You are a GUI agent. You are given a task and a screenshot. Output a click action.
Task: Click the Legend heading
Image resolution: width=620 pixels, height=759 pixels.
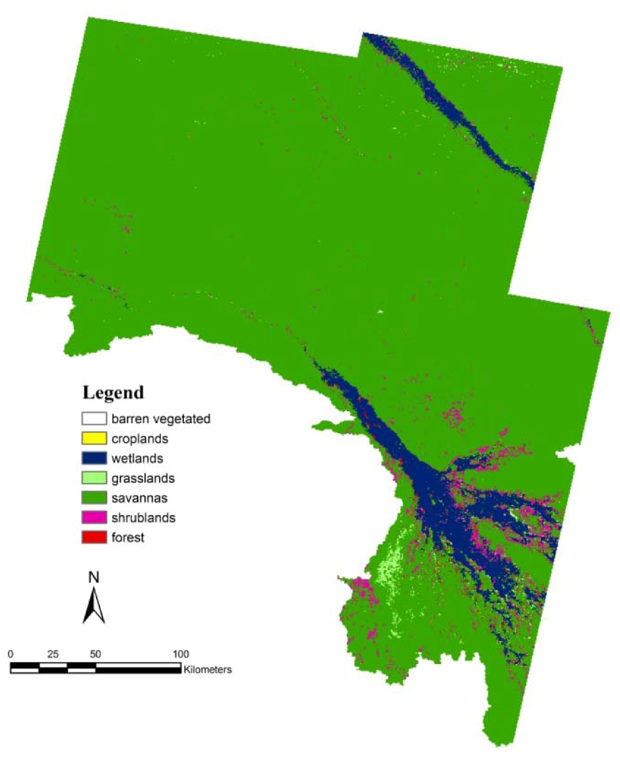[x=113, y=393]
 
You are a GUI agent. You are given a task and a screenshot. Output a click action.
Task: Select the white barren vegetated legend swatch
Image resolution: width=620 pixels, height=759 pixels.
[x=94, y=418]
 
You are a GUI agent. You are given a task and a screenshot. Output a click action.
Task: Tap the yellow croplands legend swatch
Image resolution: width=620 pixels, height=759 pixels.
[x=94, y=438]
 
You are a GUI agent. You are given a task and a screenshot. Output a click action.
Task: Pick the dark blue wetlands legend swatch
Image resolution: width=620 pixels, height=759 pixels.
[x=94, y=458]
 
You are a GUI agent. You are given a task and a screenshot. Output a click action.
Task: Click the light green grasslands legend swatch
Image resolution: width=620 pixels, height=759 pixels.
[x=94, y=478]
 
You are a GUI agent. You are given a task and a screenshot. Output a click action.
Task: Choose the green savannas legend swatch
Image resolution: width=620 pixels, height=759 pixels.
[x=94, y=498]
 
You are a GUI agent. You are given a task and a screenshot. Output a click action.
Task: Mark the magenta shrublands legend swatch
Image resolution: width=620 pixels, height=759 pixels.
[x=94, y=517]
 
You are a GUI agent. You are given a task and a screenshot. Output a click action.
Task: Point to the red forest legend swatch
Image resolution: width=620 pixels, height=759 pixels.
[x=94, y=537]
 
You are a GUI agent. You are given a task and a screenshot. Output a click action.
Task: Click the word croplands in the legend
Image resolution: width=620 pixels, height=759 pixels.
[x=140, y=439]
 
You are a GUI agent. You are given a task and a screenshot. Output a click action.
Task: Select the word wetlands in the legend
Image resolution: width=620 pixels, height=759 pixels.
[x=137, y=459]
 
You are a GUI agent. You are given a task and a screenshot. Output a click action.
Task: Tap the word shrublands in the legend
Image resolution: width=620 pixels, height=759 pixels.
[x=143, y=518]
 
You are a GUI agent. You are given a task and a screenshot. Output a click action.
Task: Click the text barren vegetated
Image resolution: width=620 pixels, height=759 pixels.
[x=161, y=419]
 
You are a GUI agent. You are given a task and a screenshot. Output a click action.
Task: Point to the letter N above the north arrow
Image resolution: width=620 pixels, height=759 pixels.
[x=94, y=577]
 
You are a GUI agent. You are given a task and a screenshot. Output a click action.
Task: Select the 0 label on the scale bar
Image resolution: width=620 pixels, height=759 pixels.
[x=11, y=654]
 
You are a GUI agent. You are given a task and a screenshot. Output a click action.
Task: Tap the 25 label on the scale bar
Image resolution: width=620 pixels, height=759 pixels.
[x=53, y=654]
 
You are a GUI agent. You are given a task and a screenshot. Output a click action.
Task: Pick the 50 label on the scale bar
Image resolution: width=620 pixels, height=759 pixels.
[x=96, y=654]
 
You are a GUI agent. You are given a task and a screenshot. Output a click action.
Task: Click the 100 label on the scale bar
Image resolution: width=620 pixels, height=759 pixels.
[x=180, y=654]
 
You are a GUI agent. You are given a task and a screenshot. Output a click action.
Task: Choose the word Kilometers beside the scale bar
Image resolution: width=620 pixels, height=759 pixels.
[x=208, y=669]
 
